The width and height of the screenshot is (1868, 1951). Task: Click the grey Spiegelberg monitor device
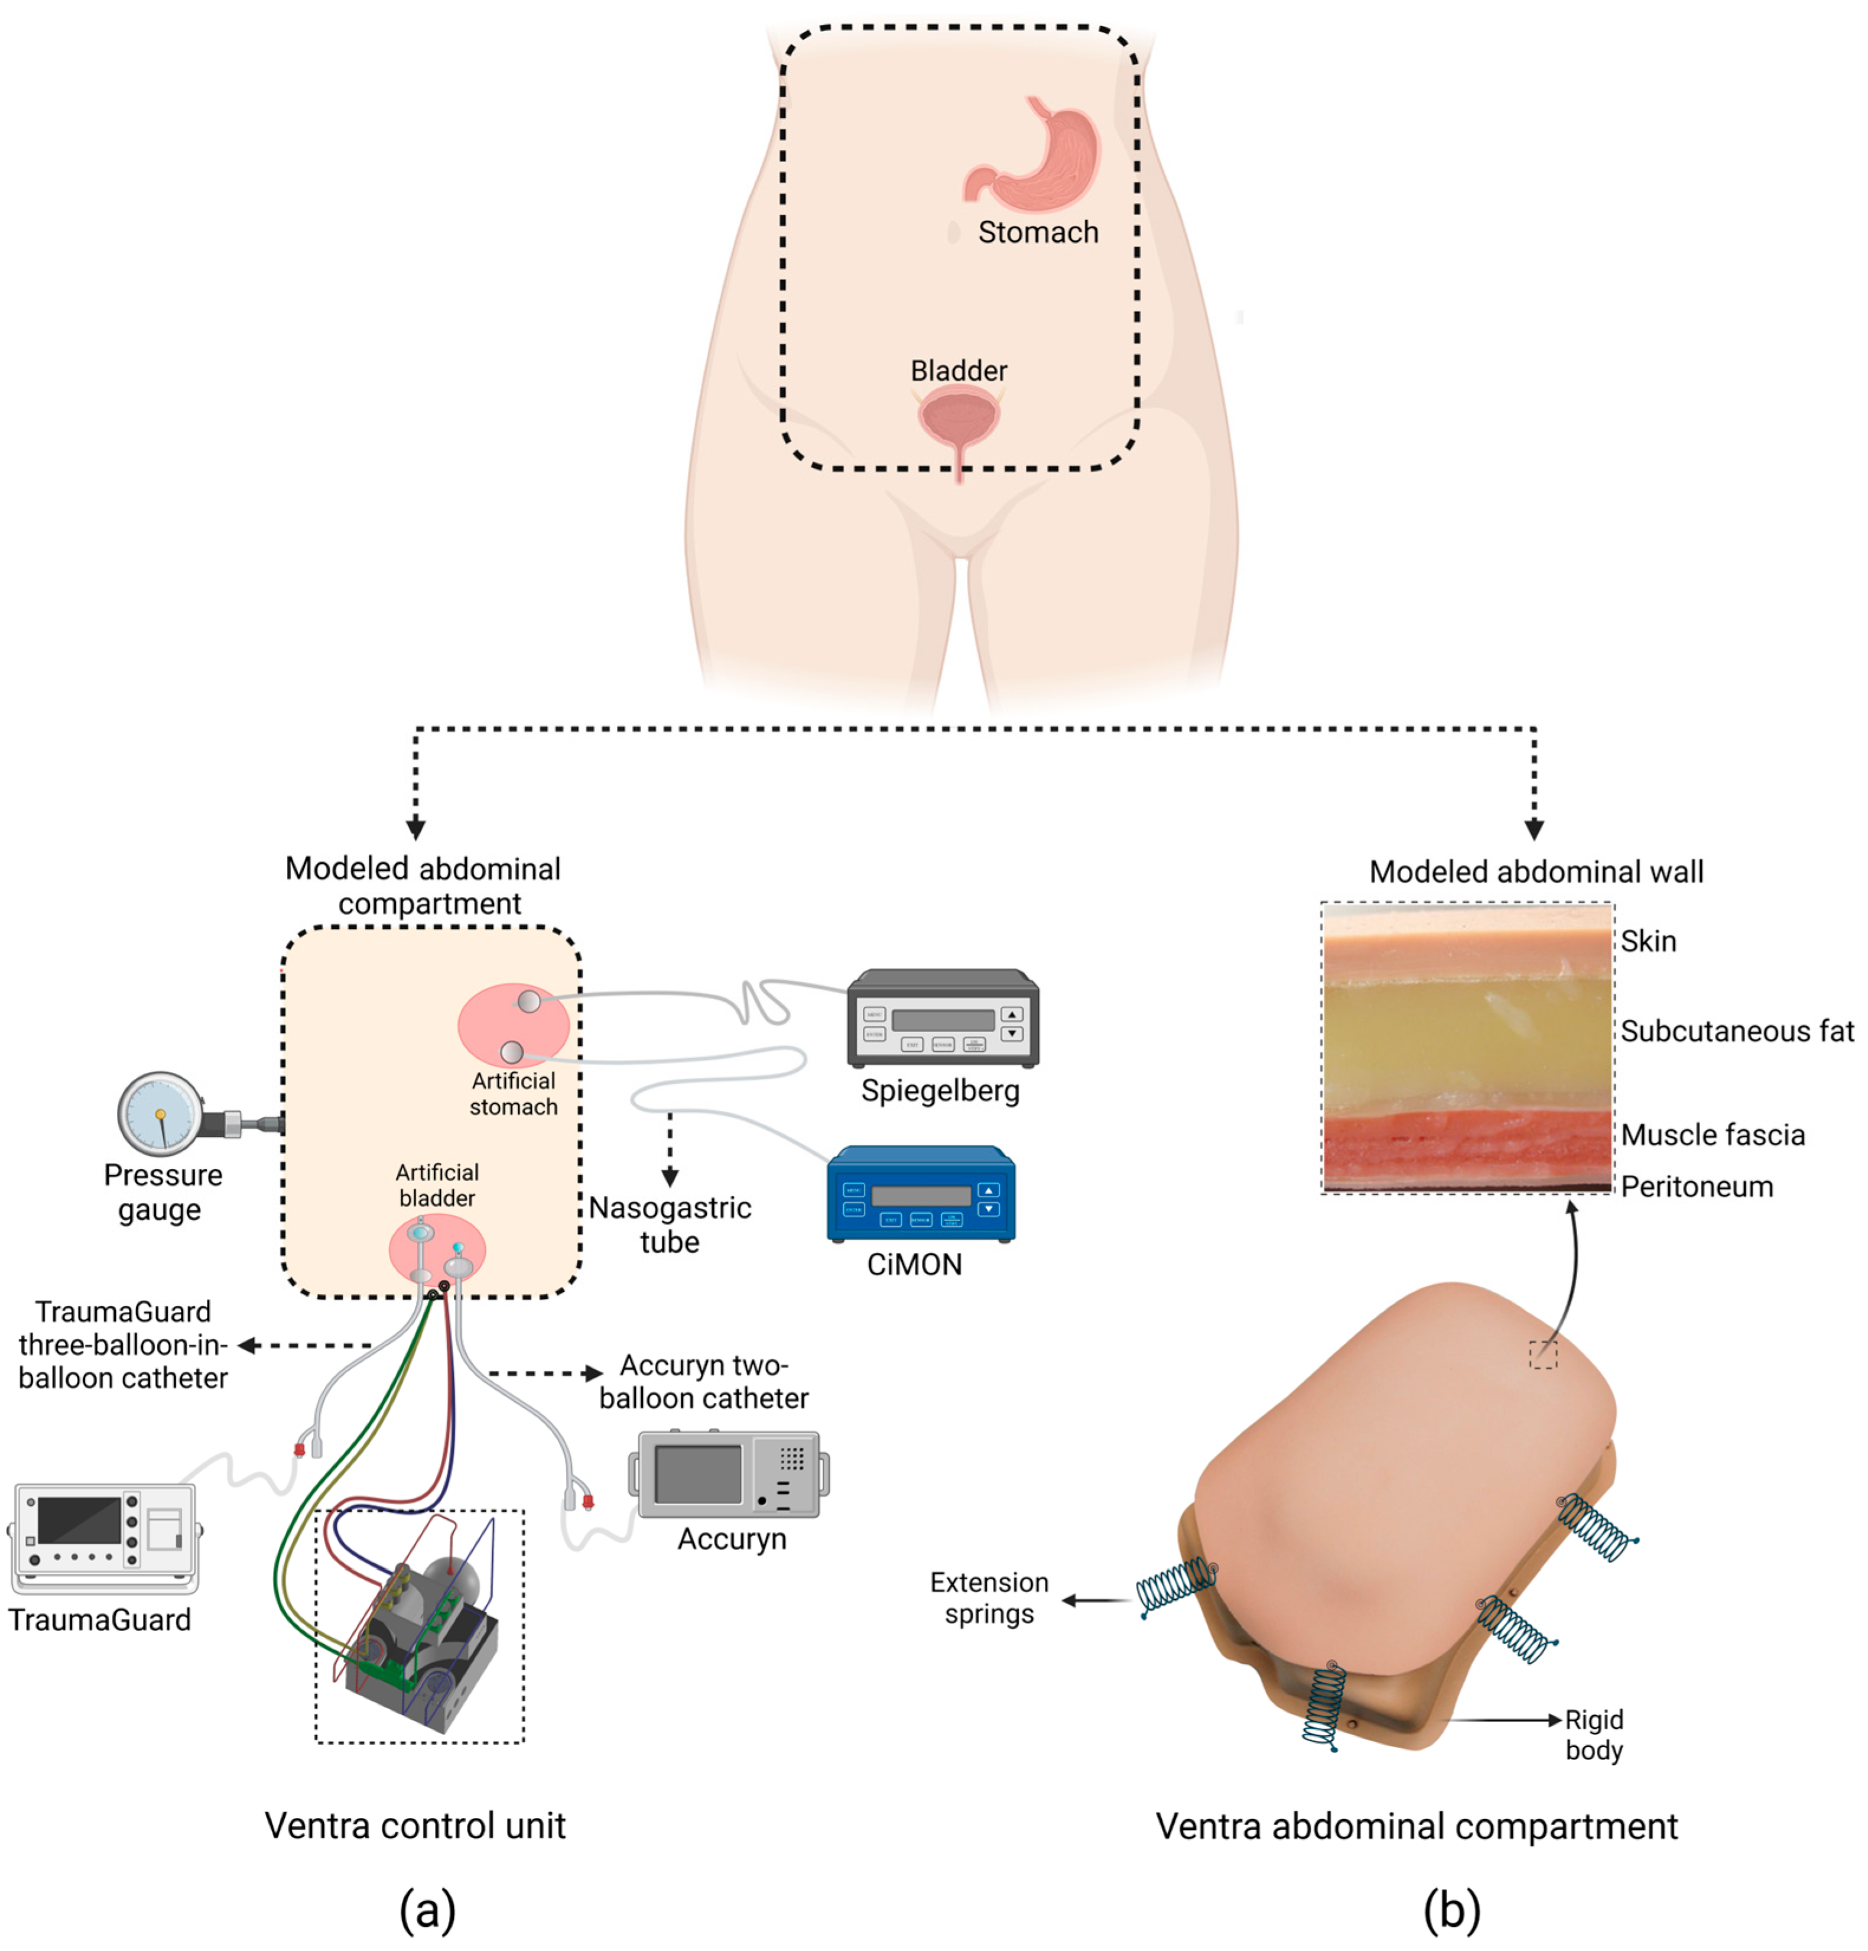pyautogui.click(x=941, y=1018)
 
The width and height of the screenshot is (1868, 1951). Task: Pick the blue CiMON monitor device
pyautogui.click(x=920, y=1194)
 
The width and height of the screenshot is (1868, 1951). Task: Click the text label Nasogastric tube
pyautogui.click(x=669, y=1224)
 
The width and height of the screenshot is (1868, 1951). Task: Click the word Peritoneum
pyautogui.click(x=1696, y=1187)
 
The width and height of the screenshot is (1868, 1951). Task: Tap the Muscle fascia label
pyautogui.click(x=1712, y=1135)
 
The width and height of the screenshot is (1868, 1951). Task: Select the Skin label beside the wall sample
pyautogui.click(x=1647, y=942)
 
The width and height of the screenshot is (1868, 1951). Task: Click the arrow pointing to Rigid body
pyautogui.click(x=1503, y=1720)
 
